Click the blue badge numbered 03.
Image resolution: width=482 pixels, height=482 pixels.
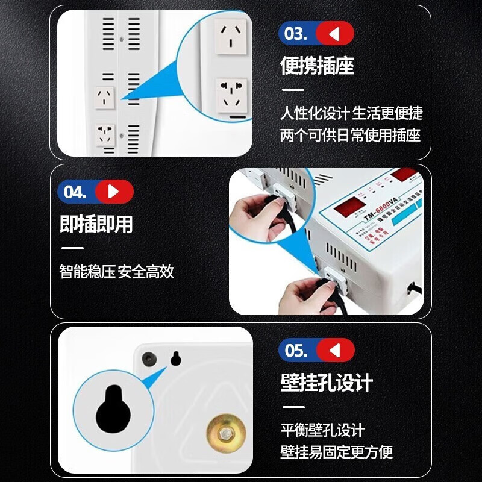pos(296,34)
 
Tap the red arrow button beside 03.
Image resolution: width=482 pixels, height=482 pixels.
pos(335,34)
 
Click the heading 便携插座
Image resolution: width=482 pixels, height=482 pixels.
pos(317,66)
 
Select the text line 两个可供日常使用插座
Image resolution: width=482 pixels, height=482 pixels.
pos(351,135)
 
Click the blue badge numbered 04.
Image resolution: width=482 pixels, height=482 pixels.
pos(75,192)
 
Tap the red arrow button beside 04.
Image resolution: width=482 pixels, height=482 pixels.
pos(114,192)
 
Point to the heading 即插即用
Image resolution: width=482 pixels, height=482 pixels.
pos(96,224)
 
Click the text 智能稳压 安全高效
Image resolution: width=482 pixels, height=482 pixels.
pos(117,272)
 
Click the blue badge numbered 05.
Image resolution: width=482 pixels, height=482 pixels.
pos(296,351)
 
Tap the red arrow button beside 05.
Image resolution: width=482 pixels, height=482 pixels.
pos(336,351)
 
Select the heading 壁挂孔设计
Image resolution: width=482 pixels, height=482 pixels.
pos(327,383)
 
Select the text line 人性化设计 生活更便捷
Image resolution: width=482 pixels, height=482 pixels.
pos(351,113)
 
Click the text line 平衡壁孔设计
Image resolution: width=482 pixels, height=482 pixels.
pos(322,430)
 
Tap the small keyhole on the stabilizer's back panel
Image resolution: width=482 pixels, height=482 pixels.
pos(176,358)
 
